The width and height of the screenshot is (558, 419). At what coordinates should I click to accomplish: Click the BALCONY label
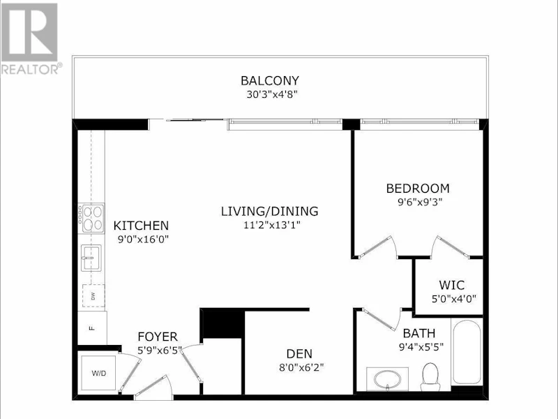(x=270, y=80)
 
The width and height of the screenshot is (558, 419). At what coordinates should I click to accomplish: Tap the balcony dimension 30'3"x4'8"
(x=272, y=95)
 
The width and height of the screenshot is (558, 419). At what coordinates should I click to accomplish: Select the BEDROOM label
(x=418, y=189)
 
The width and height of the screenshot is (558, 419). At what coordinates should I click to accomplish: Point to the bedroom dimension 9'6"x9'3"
(x=420, y=203)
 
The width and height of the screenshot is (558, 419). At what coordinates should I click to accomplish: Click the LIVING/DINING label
(x=270, y=212)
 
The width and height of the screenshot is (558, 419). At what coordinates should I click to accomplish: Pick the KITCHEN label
(x=141, y=226)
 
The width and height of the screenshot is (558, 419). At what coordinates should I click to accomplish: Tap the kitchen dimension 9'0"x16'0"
(x=143, y=239)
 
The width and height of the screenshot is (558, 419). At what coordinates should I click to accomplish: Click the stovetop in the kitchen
(x=91, y=219)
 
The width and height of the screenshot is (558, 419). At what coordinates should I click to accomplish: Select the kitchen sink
(x=91, y=258)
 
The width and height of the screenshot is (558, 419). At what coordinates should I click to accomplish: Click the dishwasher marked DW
(x=93, y=295)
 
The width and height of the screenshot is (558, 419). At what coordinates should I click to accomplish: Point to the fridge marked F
(x=92, y=328)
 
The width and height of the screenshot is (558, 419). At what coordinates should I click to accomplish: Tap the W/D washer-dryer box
(x=98, y=373)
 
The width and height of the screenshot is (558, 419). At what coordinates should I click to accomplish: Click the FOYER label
(x=158, y=337)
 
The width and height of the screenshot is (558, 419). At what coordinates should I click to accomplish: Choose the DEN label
(x=299, y=354)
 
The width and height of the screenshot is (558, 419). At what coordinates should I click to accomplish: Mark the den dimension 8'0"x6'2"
(x=301, y=367)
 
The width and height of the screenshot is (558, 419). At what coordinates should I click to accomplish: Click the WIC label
(x=451, y=286)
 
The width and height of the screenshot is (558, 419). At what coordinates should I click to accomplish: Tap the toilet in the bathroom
(x=430, y=377)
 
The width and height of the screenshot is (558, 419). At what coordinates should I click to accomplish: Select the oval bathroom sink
(x=387, y=378)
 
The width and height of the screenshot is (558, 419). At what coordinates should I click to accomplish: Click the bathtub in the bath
(x=467, y=352)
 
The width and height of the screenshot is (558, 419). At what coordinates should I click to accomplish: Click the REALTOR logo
(x=30, y=38)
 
